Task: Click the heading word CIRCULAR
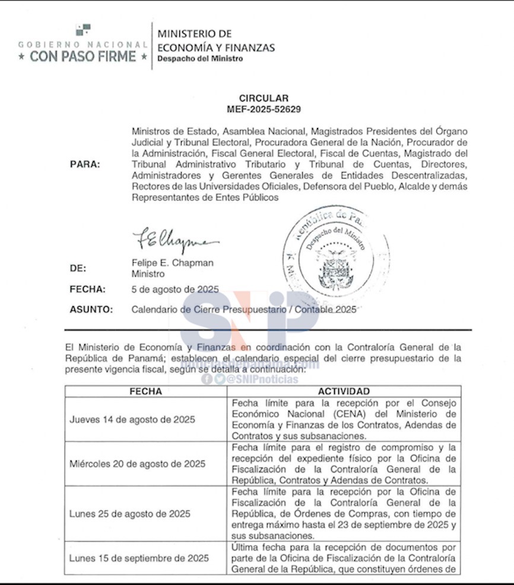point(264,98)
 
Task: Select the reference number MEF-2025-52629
point(264,109)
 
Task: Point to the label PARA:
point(85,164)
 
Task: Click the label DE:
point(78,268)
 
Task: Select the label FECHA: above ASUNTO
point(87,290)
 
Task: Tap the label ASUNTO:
point(91,309)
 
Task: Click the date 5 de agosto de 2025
point(175,290)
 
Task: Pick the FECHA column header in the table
point(145,392)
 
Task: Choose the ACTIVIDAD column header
point(344,392)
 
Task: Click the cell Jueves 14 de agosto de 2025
point(132,419)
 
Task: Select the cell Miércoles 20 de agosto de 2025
point(137,464)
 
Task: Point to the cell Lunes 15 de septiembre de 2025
point(139,558)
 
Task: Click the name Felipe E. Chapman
point(172,263)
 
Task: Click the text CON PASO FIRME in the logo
point(83,56)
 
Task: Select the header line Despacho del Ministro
point(200,59)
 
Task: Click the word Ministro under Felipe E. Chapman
point(148,274)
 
